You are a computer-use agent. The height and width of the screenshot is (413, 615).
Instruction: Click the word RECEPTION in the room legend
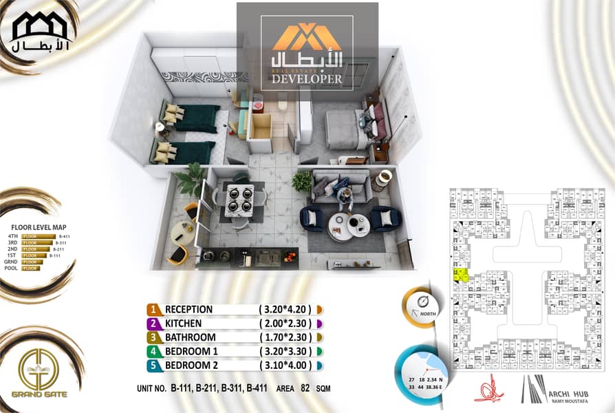coord(188,310)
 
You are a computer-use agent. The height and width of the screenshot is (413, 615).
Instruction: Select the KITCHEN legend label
coord(183,324)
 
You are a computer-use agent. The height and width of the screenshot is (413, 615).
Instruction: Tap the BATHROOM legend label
coord(190,338)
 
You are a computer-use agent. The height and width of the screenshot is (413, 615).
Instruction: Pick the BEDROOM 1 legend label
coord(191,352)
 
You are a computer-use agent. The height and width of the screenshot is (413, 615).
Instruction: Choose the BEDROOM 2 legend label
coord(191,366)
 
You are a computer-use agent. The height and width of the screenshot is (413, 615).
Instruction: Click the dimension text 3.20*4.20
coord(285,310)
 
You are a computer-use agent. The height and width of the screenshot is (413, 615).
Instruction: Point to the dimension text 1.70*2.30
coord(285,338)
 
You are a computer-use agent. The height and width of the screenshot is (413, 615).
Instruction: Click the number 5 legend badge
coord(154,366)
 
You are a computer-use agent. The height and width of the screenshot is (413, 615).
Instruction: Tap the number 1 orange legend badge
coord(154,310)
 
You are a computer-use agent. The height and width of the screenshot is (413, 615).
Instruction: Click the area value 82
coord(305,388)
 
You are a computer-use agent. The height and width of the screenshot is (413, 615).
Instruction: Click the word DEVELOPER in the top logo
coord(307,79)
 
